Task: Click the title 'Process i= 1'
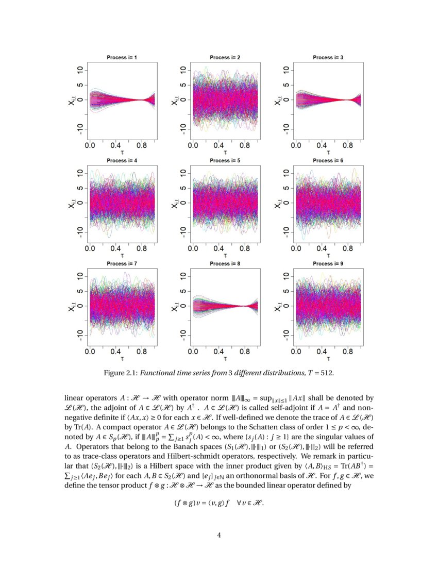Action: [x=122, y=57]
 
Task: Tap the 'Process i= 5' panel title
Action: [x=225, y=160]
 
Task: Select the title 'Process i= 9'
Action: [x=328, y=263]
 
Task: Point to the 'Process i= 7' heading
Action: [x=122, y=263]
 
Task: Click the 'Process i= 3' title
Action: [x=328, y=57]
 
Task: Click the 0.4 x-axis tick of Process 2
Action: [x=219, y=145]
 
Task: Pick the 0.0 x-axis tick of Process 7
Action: [x=90, y=352]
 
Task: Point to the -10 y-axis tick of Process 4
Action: [x=80, y=232]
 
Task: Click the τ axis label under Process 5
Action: [x=225, y=255]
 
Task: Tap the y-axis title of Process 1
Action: [x=71, y=101]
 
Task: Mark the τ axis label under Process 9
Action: [x=328, y=358]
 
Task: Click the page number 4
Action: [x=219, y=535]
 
